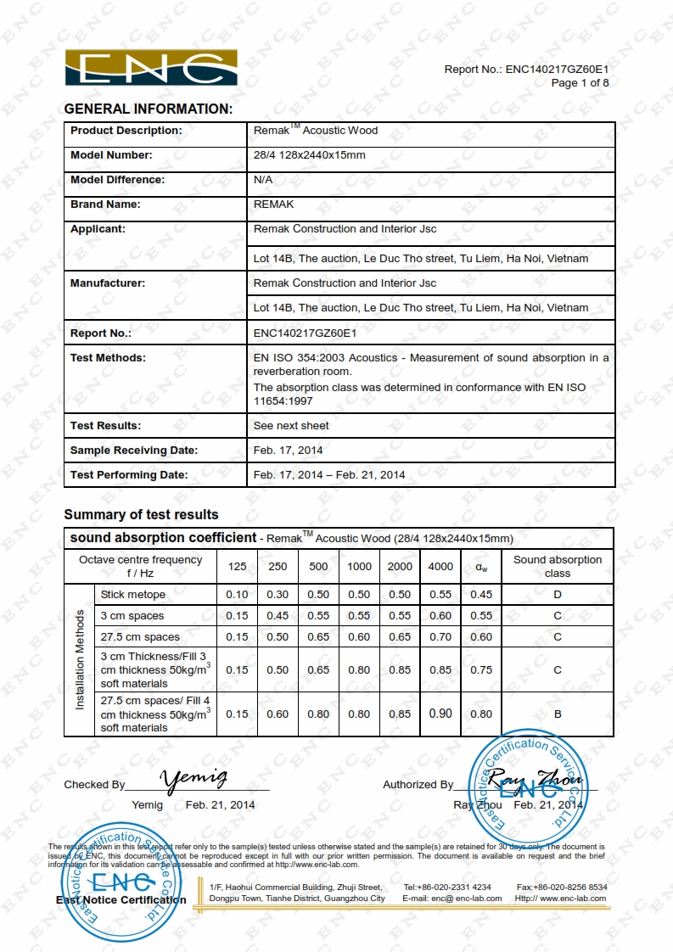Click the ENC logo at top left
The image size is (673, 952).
pyautogui.click(x=151, y=68)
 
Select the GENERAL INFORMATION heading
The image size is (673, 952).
pyautogui.click(x=149, y=109)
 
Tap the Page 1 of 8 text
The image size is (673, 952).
pyautogui.click(x=580, y=82)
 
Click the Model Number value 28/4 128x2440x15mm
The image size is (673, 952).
pyautogui.click(x=310, y=155)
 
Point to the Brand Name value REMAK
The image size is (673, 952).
pyautogui.click(x=274, y=204)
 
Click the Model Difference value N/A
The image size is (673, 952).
pyautogui.click(x=263, y=180)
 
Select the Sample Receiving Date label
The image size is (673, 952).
pyautogui.click(x=134, y=451)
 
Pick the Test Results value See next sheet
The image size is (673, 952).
pyautogui.click(x=291, y=426)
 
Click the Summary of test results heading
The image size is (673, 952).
pyautogui.click(x=141, y=514)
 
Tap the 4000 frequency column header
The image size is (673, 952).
pyautogui.click(x=440, y=567)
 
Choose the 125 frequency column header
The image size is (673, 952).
pyautogui.click(x=238, y=567)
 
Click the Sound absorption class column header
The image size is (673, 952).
pyautogui.click(x=558, y=567)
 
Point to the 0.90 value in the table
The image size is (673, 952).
pyautogui.click(x=440, y=714)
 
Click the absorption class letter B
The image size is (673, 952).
pyautogui.click(x=558, y=714)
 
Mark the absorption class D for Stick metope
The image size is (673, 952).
pyautogui.click(x=558, y=595)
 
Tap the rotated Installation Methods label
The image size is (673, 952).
pyautogui.click(x=81, y=659)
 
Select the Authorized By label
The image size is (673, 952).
pyautogui.click(x=418, y=785)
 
